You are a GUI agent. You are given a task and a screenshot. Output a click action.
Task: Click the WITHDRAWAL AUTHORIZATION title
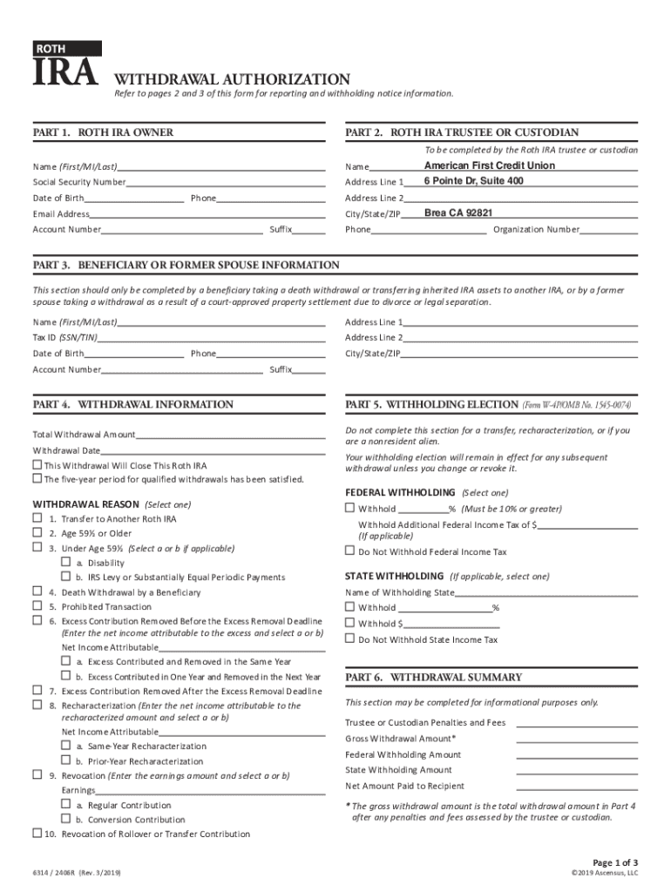click(227, 78)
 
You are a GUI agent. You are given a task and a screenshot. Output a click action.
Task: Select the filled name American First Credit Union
click(489, 166)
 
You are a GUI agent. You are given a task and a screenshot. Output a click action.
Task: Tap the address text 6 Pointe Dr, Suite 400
click(473, 181)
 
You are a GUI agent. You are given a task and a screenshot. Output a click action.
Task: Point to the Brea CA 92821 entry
click(458, 213)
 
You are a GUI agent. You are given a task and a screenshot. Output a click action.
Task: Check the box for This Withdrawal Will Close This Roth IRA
click(37, 465)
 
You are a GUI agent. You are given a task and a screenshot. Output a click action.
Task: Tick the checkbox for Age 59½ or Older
click(37, 533)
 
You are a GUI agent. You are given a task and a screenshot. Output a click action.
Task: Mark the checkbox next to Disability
click(65, 562)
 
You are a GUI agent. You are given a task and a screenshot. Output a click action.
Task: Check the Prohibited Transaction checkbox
click(37, 606)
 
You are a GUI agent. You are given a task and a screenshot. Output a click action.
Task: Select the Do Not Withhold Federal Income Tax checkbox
click(350, 551)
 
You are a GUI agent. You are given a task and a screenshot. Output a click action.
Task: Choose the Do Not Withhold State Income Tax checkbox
click(350, 639)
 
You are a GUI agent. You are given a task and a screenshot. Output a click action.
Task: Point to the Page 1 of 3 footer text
click(609, 862)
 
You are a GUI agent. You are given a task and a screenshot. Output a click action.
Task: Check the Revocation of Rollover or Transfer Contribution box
click(37, 834)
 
